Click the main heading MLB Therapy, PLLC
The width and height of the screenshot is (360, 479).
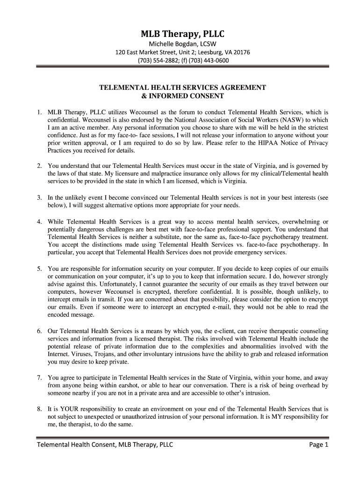tap(183, 34)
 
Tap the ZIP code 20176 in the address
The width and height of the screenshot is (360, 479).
tap(241, 52)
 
